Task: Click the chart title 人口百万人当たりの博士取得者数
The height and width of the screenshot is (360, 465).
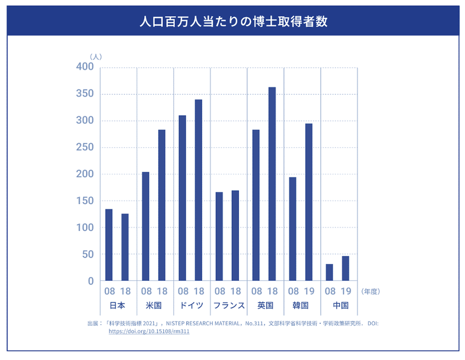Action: pyautogui.click(x=232, y=22)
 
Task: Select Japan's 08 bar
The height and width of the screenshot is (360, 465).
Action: pyautogui.click(x=109, y=245)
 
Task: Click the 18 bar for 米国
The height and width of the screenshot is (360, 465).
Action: pyautogui.click(x=162, y=205)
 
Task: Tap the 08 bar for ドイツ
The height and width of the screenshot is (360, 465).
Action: pyautogui.click(x=183, y=198)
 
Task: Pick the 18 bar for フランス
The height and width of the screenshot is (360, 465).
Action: pyautogui.click(x=235, y=236)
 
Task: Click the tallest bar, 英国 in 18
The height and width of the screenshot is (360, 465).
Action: pyautogui.click(x=272, y=184)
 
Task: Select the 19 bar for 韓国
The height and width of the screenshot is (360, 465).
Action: pyautogui.click(x=309, y=202)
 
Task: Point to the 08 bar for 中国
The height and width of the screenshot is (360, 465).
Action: pyautogui.click(x=330, y=272)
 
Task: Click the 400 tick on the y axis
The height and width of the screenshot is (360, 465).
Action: pyautogui.click(x=85, y=67)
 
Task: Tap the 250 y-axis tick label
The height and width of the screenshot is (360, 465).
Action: pyautogui.click(x=85, y=148)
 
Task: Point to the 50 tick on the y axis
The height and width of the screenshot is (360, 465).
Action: pyautogui.click(x=88, y=255)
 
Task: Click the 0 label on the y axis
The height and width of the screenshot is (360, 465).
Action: pyautogui.click(x=91, y=281)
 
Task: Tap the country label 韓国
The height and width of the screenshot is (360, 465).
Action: pyautogui.click(x=301, y=305)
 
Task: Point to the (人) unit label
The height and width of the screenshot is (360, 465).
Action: pyautogui.click(x=96, y=56)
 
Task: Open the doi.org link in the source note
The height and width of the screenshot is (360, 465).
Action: pyautogui.click(x=149, y=331)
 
